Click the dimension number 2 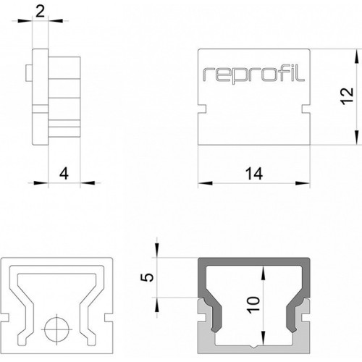coord(40,12)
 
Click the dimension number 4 coord(64,174)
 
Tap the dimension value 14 coord(254,174)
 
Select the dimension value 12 coord(347,96)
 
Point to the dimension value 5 coord(147,277)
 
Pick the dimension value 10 coord(253,305)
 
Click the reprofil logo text coord(253,75)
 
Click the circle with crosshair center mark coord(56,329)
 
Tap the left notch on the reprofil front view coord(202,109)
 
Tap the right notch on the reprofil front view coord(306,109)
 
